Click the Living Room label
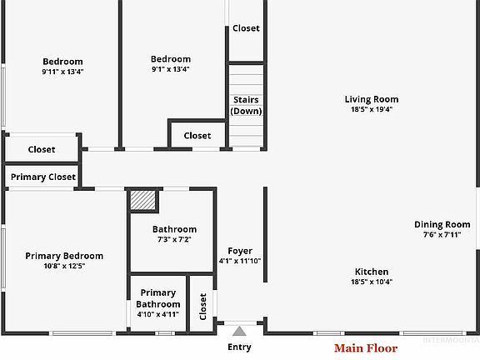pyautogui.click(x=372, y=99)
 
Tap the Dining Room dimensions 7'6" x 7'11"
pyautogui.click(x=442, y=235)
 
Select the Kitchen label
pyautogui.click(x=372, y=272)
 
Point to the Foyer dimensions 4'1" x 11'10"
pyautogui.click(x=240, y=261)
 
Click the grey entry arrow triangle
pyautogui.click(x=239, y=332)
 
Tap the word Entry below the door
pyautogui.click(x=239, y=347)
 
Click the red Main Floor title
pyautogui.click(x=366, y=348)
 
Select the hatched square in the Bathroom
pyautogui.click(x=143, y=200)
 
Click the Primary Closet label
pyautogui.click(x=43, y=177)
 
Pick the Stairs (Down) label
pyautogui.click(x=246, y=105)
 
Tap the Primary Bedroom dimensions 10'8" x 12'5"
pyautogui.click(x=64, y=266)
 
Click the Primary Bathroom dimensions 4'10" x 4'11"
pyautogui.click(x=158, y=314)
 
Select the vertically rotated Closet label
pyautogui.click(x=203, y=307)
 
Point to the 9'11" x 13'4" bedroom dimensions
pyautogui.click(x=62, y=72)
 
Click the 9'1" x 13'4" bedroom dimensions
pyautogui.click(x=171, y=69)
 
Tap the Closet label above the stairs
pyautogui.click(x=246, y=28)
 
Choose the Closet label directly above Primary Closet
pyautogui.click(x=42, y=149)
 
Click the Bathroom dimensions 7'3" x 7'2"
pyautogui.click(x=174, y=239)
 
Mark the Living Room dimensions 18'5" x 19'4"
pyautogui.click(x=372, y=109)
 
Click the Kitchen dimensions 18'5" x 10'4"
pyautogui.click(x=372, y=282)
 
